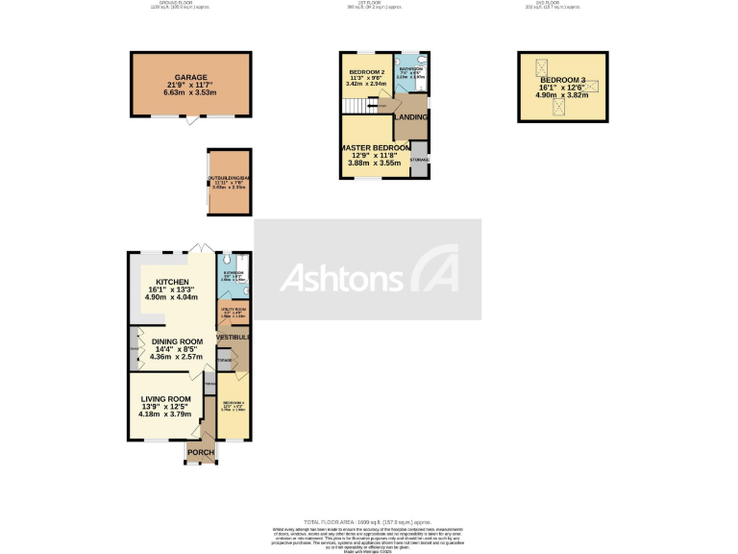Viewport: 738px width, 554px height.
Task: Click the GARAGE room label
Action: (190, 77)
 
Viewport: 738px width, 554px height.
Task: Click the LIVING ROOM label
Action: (166, 398)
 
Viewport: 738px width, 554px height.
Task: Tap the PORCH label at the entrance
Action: (200, 452)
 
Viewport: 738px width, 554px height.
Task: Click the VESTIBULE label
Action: (234, 338)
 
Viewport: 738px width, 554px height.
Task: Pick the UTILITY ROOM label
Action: (234, 310)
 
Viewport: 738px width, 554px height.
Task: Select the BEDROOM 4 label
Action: (234, 402)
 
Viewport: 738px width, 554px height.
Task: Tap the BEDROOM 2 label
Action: (365, 73)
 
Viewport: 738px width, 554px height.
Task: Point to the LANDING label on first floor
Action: (412, 117)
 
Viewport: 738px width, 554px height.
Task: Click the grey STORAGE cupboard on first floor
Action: (420, 159)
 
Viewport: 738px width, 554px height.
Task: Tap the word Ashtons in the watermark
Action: (341, 278)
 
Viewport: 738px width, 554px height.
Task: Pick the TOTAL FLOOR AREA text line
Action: (369, 519)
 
